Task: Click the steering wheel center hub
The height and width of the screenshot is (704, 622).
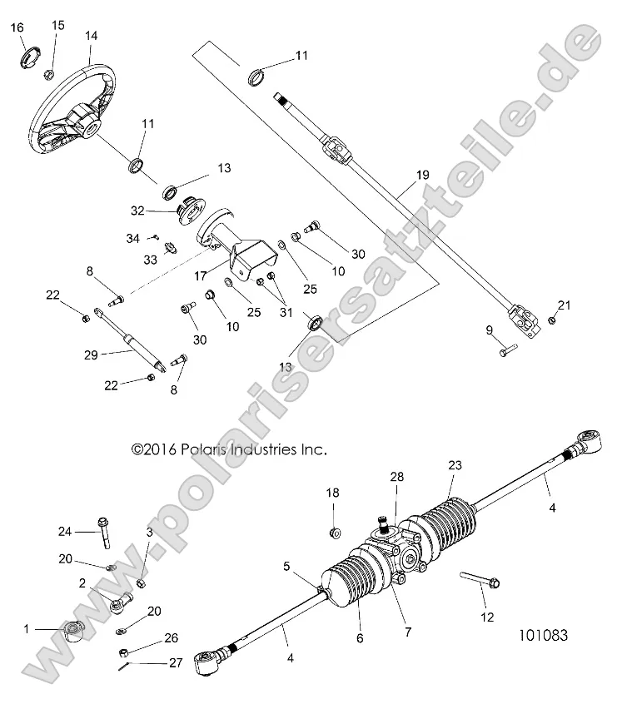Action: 86,126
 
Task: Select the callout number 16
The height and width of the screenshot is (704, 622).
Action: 17,28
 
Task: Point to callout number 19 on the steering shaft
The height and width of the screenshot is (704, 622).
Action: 421,176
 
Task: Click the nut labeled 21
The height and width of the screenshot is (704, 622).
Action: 552,320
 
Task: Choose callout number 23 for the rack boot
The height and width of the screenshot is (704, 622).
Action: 455,465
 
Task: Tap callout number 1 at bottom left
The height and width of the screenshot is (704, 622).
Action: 27,630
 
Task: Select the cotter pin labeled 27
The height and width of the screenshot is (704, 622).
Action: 124,663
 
